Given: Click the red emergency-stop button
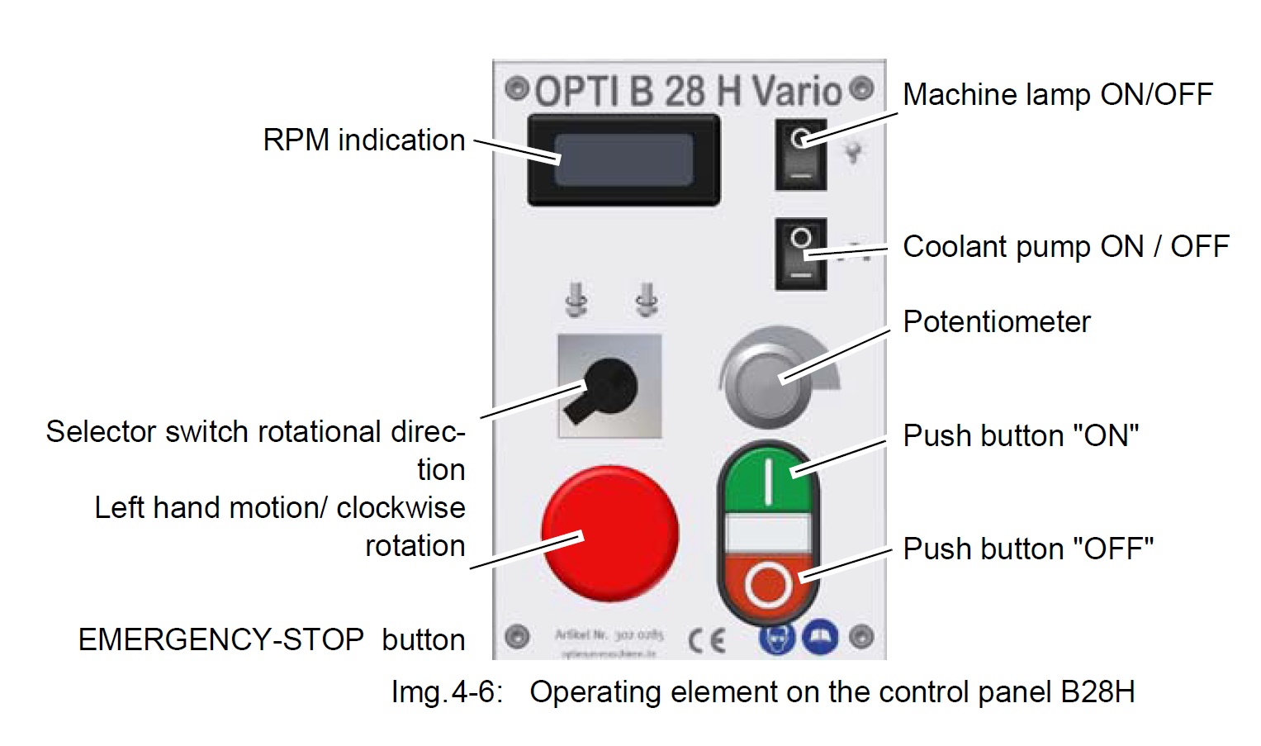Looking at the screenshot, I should click(609, 533).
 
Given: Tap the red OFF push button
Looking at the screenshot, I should click(768, 583).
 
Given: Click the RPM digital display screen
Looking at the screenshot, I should click(623, 159).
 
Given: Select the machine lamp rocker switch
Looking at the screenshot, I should click(800, 154).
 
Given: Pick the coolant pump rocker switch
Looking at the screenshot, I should click(800, 254).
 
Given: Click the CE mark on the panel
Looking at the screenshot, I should click(707, 639).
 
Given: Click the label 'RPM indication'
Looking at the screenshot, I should click(363, 140).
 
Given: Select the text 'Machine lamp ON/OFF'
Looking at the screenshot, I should click(1057, 95).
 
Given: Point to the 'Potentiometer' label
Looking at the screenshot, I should click(996, 322).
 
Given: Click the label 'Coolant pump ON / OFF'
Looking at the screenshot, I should click(1065, 247).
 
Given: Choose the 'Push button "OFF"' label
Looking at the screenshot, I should click(1027, 549).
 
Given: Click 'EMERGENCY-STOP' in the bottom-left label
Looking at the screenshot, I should click(220, 639).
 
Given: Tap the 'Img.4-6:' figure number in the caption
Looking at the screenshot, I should click(446, 691).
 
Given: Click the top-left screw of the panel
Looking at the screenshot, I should click(517, 88).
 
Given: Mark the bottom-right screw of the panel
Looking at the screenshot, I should click(861, 637).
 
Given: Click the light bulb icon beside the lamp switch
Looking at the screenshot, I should click(853, 152).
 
